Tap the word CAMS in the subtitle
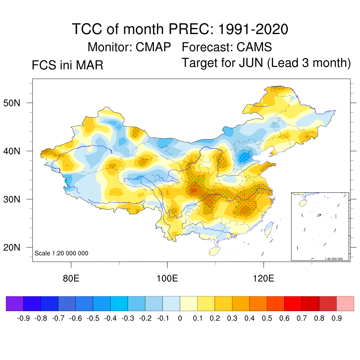(255, 47)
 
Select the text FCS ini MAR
(67, 65)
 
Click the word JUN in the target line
(250, 63)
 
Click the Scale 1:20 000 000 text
(62, 253)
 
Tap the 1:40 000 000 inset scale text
(336, 259)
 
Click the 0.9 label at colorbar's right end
(337, 319)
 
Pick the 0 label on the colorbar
(180, 319)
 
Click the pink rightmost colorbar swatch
(345, 303)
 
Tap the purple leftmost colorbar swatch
(15, 303)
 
